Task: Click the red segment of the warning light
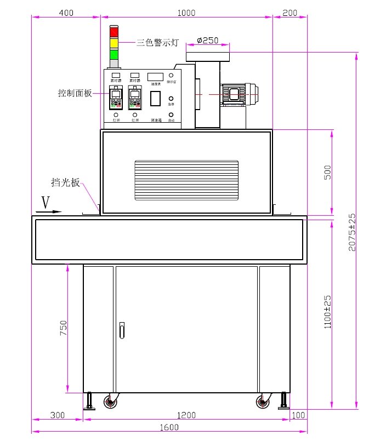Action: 114,32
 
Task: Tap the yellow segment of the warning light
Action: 114,43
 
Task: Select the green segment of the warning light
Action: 114,54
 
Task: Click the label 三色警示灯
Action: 157,42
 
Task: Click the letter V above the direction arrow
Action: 46,203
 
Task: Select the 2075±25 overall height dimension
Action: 353,232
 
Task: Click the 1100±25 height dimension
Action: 328,312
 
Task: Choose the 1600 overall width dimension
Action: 169,428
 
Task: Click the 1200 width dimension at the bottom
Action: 186,416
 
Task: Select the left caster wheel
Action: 111,403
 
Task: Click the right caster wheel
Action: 264,403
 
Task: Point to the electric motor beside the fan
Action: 239,94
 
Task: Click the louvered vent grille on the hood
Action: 186,180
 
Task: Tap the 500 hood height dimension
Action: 328,173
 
